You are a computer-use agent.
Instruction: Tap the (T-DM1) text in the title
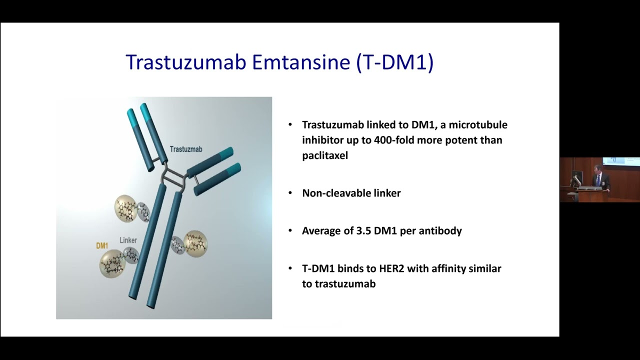395,62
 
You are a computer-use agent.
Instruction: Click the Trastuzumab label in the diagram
186,149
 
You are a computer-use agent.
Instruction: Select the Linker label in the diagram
128,240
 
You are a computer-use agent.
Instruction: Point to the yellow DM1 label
102,246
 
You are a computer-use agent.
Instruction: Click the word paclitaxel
325,155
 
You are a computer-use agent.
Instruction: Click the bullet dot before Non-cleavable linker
290,193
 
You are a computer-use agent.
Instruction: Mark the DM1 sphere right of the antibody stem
195,243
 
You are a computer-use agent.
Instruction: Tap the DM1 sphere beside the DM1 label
111,263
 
